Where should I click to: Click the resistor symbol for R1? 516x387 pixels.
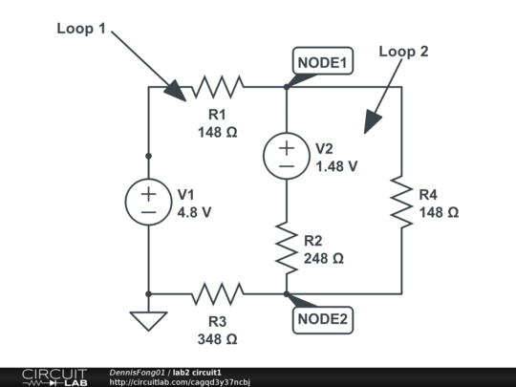(x=217, y=88)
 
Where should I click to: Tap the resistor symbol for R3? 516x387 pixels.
(x=218, y=293)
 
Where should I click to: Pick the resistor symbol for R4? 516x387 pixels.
(x=401, y=202)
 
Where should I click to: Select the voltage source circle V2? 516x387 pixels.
(x=287, y=156)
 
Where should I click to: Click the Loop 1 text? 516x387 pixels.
(x=81, y=29)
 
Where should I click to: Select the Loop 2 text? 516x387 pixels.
(x=404, y=52)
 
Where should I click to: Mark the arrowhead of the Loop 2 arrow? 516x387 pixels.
(x=370, y=122)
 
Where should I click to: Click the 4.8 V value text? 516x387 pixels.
(x=194, y=212)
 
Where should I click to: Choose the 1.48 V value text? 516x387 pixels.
(x=336, y=165)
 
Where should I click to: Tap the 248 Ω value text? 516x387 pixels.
(x=323, y=258)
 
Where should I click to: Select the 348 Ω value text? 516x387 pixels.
(x=218, y=338)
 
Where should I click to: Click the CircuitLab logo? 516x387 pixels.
(x=54, y=376)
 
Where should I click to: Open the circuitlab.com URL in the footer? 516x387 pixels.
(x=180, y=382)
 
